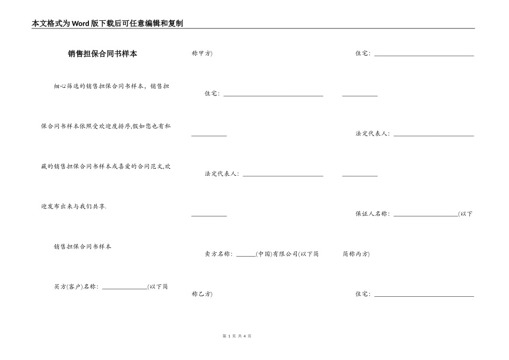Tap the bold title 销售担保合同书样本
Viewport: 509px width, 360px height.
coord(102,54)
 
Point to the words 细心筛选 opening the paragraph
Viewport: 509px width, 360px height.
coord(66,86)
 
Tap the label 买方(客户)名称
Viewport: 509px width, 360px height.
coord(76,287)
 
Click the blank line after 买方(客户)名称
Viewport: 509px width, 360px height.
coord(124,288)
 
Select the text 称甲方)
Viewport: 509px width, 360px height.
coord(202,53)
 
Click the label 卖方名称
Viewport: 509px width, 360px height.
coord(218,254)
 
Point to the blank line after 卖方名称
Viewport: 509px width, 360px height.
coord(246,256)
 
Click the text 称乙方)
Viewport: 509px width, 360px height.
coord(202,294)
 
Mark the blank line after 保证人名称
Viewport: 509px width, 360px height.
coord(425,215)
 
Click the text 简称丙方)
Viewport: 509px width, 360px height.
coord(356,254)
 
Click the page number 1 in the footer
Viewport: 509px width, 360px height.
coord(229,336)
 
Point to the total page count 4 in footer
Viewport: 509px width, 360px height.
coord(244,336)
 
